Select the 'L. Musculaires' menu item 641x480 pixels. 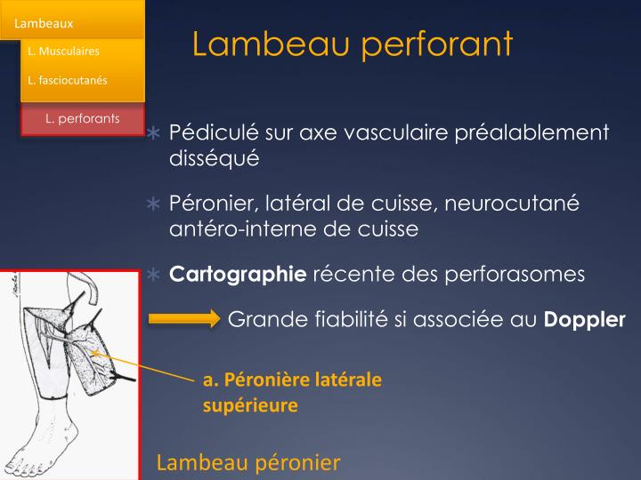(x=63, y=52)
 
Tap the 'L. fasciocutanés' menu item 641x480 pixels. (x=68, y=81)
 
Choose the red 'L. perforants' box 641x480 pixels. (x=83, y=118)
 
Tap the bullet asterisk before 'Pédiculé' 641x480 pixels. (x=153, y=134)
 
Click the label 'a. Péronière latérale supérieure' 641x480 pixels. (x=292, y=392)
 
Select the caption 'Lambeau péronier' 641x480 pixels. (x=248, y=462)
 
